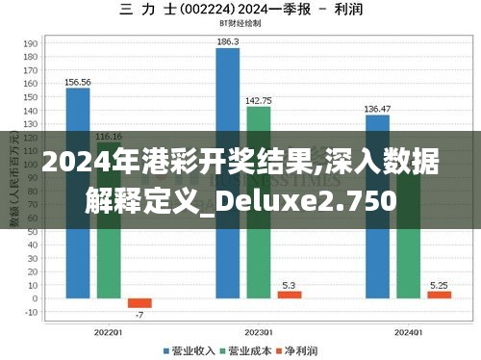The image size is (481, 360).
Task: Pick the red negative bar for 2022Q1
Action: click(x=139, y=302)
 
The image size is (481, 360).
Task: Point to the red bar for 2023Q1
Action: click(x=290, y=295)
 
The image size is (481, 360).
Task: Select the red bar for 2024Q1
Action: click(x=439, y=295)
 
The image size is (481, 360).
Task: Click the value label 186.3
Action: click(x=228, y=42)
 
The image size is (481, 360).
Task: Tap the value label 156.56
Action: click(x=78, y=82)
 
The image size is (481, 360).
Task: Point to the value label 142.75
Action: click(x=259, y=100)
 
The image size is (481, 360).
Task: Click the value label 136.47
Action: click(x=378, y=109)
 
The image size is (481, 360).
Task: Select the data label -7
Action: click(x=139, y=315)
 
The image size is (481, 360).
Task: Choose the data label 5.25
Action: click(x=439, y=285)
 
